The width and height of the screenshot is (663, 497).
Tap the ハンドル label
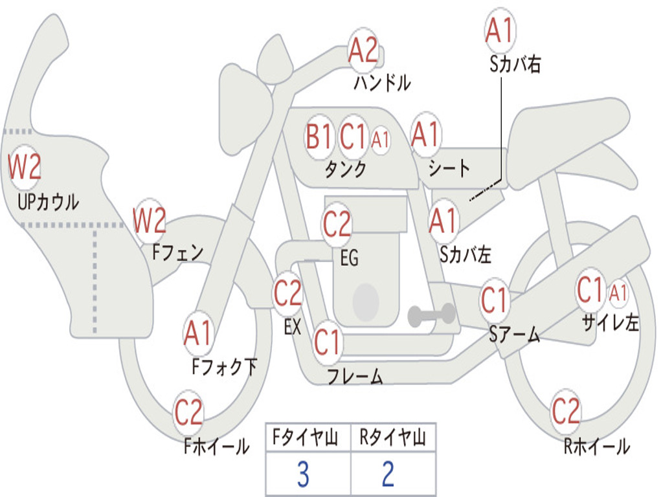[x=382, y=82]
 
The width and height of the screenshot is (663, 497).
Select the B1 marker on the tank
[x=319, y=137]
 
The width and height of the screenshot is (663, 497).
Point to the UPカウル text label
[x=48, y=202]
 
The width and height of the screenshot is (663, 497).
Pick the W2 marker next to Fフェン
[x=150, y=220]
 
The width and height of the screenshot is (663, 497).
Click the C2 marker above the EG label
[x=337, y=224]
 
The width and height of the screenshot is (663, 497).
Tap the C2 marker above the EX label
[x=288, y=293]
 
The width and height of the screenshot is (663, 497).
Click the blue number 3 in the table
[x=303, y=474]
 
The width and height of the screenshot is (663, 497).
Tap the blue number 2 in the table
[x=388, y=474]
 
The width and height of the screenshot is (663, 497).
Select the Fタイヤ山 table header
[x=306, y=437]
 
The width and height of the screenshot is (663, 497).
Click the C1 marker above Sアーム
[x=494, y=300]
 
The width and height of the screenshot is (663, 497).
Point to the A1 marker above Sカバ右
[x=500, y=30]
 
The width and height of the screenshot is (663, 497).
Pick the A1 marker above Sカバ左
[x=444, y=221]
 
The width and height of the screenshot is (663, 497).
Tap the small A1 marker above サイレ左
[x=618, y=293]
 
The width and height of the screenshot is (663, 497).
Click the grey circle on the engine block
[x=366, y=302]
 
